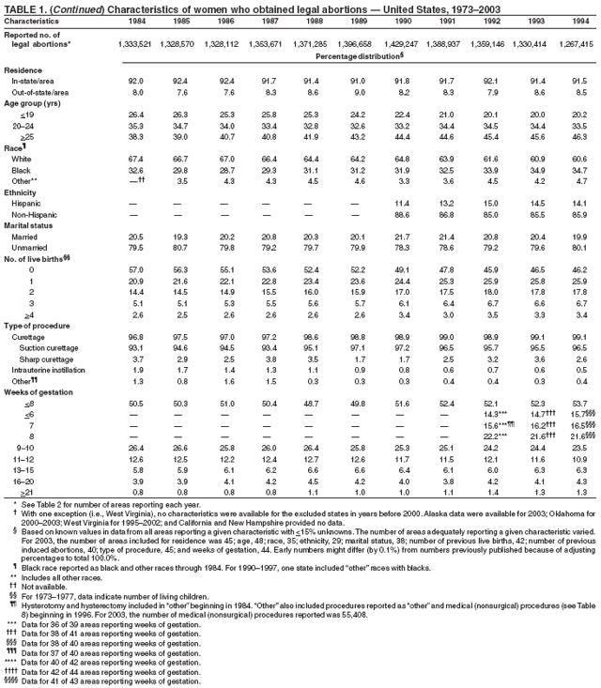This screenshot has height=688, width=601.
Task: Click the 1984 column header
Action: point(135,19)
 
